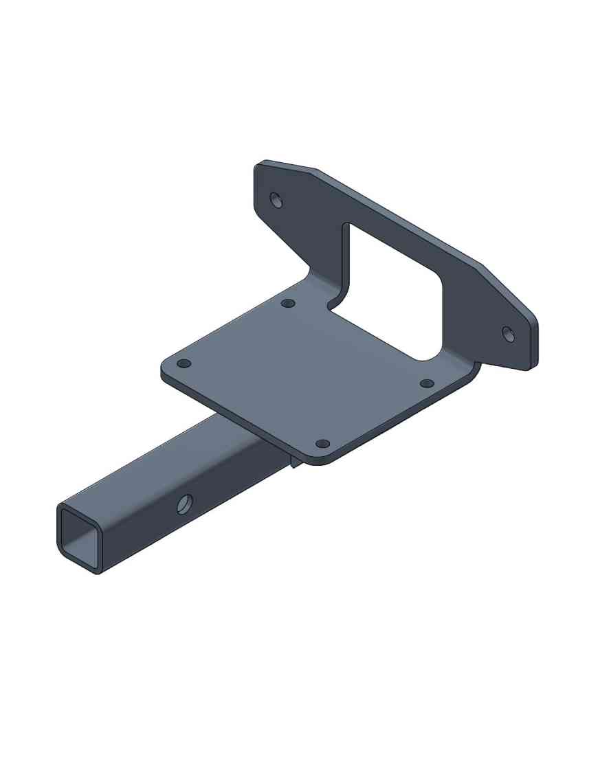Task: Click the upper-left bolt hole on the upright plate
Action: [x=276, y=200]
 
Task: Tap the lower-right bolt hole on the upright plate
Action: [x=509, y=334]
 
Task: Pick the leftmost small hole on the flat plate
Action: [x=184, y=363]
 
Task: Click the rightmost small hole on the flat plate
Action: [x=427, y=383]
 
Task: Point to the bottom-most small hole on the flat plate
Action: [x=322, y=444]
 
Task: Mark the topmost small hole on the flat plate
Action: [x=289, y=303]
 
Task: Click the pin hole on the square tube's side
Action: [x=184, y=505]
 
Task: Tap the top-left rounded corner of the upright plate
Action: [x=260, y=166]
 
